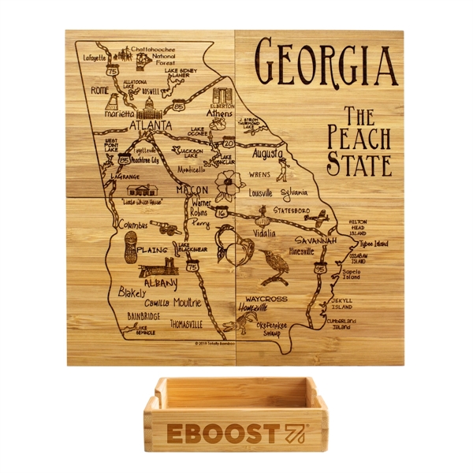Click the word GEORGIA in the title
coord(325,63)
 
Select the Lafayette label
coord(95,57)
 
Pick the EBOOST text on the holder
coord(223,433)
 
